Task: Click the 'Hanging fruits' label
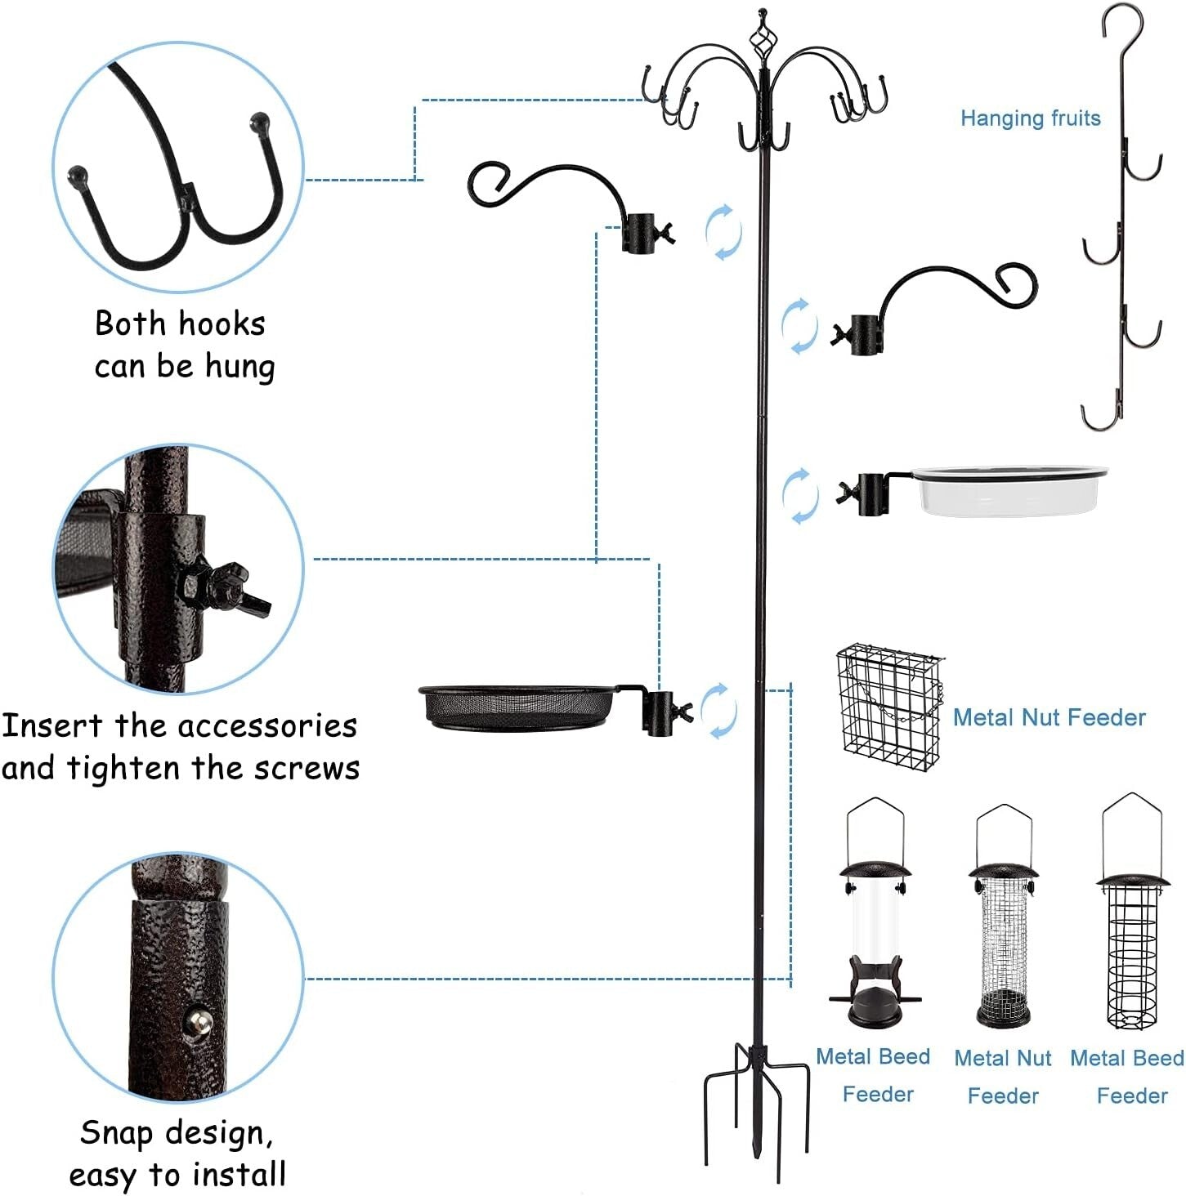click(1030, 118)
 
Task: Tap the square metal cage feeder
click(888, 707)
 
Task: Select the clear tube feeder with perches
click(875, 923)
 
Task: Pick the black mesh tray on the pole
click(517, 707)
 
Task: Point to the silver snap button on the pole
click(199, 1020)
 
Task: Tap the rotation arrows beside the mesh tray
click(719, 711)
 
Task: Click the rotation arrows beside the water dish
click(799, 495)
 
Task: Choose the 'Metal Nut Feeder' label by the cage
click(1049, 717)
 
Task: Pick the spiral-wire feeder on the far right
click(1132, 923)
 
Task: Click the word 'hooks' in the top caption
click(221, 324)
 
